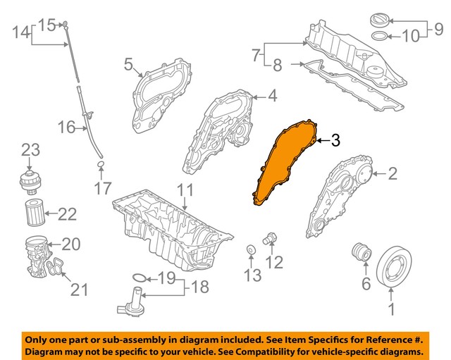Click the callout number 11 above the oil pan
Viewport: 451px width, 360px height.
(x=185, y=190)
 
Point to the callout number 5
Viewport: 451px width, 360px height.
(x=129, y=66)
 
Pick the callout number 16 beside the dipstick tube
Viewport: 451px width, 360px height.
(x=66, y=128)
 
